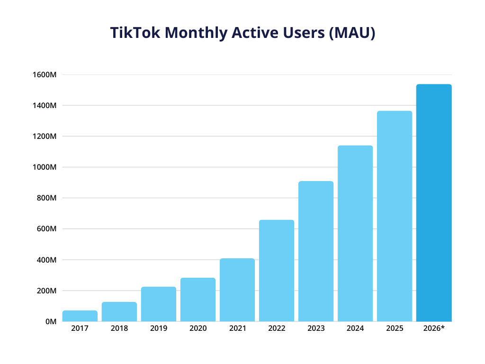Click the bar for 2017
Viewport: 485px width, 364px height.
click(80, 316)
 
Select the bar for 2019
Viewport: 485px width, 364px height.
click(158, 304)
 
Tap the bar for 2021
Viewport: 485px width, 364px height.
click(237, 290)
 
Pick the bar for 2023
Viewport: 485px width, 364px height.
click(316, 251)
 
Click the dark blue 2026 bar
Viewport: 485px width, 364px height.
click(434, 203)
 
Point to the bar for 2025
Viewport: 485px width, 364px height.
click(395, 216)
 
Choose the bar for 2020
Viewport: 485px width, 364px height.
click(198, 300)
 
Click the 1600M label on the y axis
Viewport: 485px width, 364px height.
click(45, 74)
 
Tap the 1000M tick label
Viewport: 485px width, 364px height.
click(45, 167)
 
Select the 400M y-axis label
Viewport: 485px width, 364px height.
click(46, 260)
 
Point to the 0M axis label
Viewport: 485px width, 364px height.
click(50, 322)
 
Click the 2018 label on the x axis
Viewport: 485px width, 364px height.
click(119, 328)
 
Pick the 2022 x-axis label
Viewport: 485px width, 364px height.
click(276, 328)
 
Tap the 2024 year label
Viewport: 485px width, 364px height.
click(355, 328)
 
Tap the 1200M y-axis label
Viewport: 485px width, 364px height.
click(45, 136)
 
